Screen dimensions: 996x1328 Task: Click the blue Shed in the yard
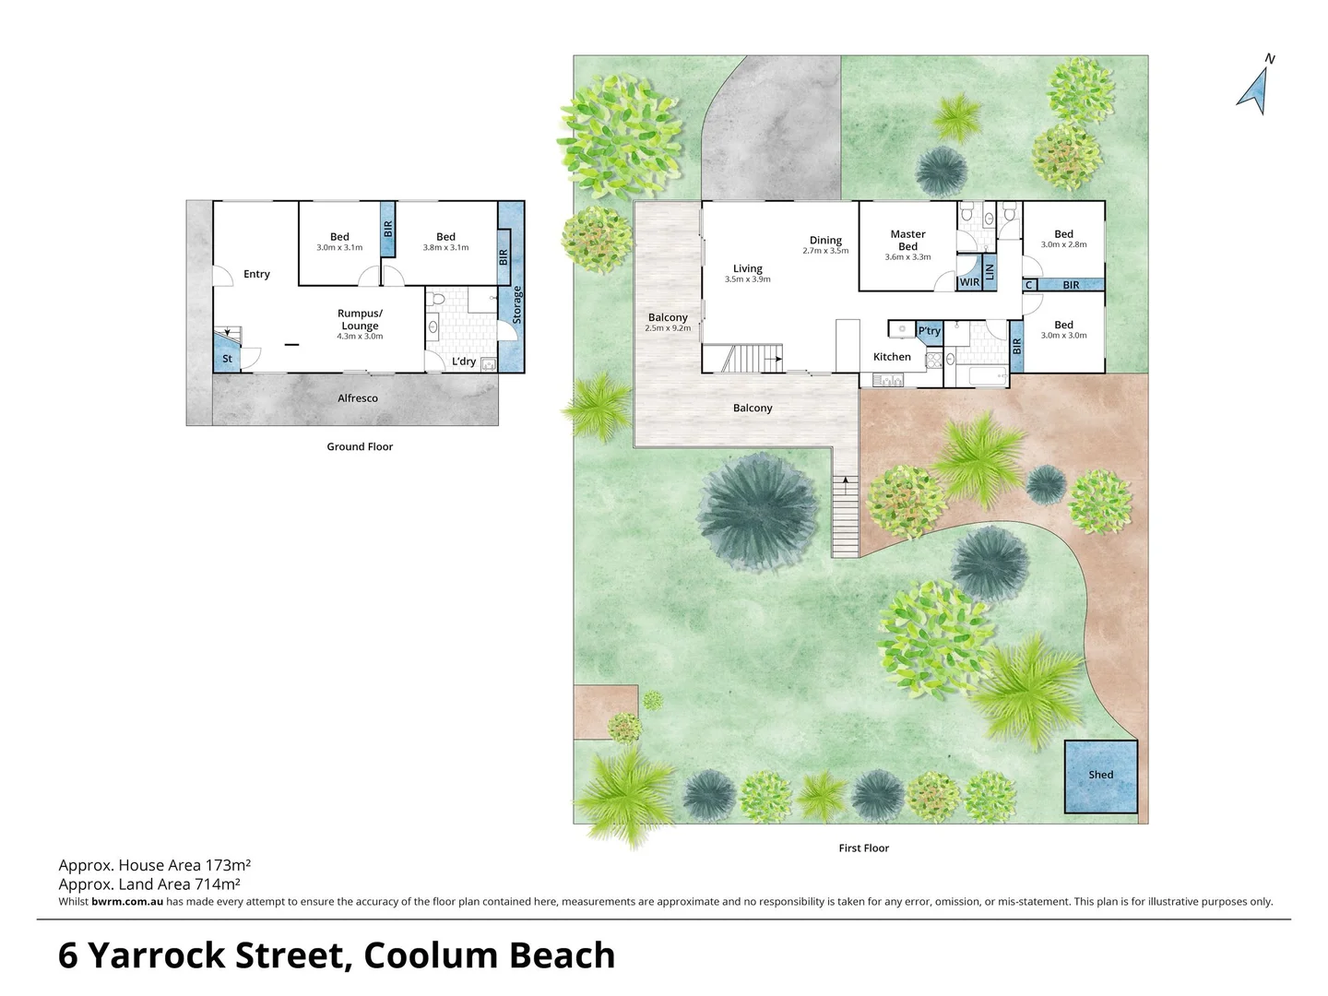point(1100,776)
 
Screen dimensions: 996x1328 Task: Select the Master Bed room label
point(907,240)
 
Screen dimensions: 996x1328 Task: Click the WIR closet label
point(969,282)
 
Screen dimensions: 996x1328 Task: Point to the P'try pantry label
point(929,331)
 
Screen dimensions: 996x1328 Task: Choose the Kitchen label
point(892,357)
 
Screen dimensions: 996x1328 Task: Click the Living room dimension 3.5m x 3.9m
point(747,279)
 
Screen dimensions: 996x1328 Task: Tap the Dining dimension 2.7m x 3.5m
point(825,251)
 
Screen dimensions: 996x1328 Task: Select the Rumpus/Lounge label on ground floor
point(360,319)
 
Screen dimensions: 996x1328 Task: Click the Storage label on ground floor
point(517,304)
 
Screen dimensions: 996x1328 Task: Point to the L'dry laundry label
point(464,362)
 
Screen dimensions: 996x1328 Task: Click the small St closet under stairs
point(227,359)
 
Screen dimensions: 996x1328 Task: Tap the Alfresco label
point(358,398)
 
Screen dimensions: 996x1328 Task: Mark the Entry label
point(256,274)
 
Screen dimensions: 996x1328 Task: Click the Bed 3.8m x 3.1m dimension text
point(445,248)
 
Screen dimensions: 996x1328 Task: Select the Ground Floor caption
point(360,446)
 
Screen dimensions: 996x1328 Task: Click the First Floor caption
point(863,848)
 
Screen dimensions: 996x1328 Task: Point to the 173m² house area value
point(228,865)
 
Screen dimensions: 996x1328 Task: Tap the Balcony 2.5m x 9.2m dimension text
point(668,328)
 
